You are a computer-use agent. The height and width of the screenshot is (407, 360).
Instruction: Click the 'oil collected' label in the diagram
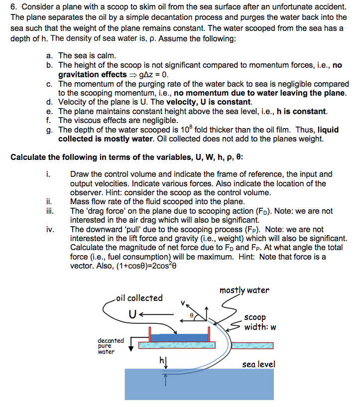(139, 298)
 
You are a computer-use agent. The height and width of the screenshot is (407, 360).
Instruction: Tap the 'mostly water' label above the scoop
(244, 290)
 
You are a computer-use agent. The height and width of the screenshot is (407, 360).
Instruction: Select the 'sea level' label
(258, 364)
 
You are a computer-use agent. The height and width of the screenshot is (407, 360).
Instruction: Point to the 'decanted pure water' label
(111, 346)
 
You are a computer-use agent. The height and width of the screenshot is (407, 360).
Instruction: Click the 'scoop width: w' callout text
(259, 322)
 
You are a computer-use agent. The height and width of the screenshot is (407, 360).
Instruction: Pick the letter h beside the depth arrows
(160, 360)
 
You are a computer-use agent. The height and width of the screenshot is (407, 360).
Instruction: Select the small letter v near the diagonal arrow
(182, 302)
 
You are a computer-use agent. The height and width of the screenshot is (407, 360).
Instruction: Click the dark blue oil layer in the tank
(178, 338)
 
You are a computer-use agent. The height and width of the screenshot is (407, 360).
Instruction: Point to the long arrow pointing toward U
(157, 315)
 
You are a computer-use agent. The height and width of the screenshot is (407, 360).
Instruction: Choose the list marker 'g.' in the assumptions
(49, 130)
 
